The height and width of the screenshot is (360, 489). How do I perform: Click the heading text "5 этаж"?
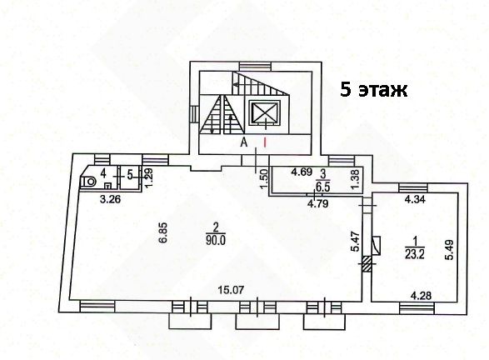(373, 90)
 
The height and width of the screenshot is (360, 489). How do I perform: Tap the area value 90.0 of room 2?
(215, 241)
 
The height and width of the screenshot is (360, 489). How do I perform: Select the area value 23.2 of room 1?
(415, 254)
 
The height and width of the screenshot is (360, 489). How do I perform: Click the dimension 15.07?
(231, 291)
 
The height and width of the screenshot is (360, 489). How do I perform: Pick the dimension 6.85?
(165, 232)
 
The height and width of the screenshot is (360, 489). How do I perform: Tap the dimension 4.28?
(422, 295)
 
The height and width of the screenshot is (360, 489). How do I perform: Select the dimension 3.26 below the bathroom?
(111, 199)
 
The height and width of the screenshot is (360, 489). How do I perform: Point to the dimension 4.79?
(317, 203)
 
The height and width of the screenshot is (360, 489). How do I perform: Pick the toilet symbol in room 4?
(89, 181)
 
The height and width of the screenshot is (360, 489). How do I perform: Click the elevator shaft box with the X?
(265, 113)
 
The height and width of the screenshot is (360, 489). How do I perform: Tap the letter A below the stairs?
(244, 142)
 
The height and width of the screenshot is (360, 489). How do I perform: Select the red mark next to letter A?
(265, 142)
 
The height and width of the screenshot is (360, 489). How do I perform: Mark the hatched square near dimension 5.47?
(367, 263)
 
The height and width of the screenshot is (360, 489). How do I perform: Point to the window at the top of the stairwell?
(255, 67)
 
